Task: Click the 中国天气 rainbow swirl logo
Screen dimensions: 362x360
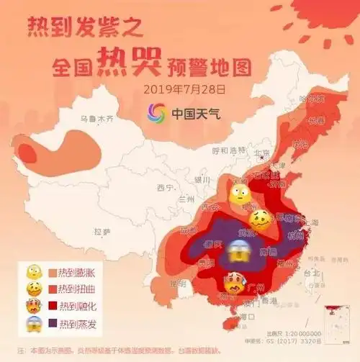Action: coord(156,113)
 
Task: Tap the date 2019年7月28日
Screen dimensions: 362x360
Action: coord(184,90)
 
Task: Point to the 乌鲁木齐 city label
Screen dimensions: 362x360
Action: coord(97,119)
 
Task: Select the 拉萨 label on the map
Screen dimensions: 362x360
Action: coord(102,232)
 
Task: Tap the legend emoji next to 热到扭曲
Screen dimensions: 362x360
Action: coord(33,289)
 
